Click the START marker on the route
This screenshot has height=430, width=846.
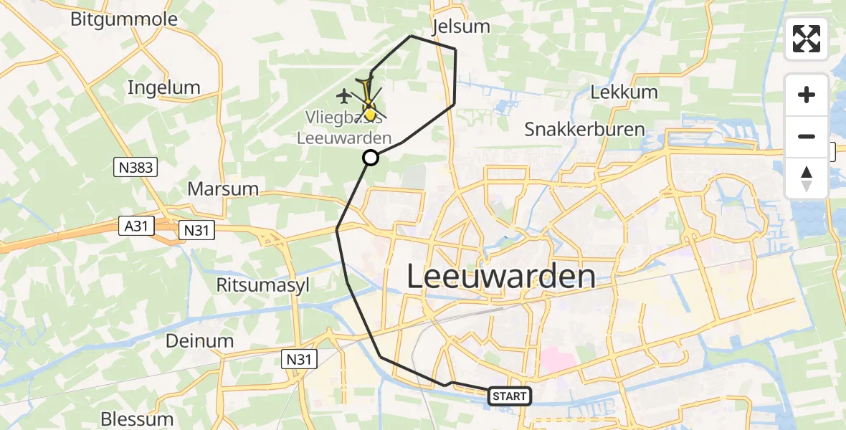click(x=509, y=396)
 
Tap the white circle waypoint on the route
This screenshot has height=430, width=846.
click(x=371, y=158)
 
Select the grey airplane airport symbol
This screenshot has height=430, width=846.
click(x=344, y=95)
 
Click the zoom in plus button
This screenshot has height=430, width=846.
click(x=807, y=95)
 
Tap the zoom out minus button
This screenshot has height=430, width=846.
click(x=807, y=136)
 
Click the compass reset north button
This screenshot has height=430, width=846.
click(x=807, y=178)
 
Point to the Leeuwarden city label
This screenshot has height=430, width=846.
click(x=501, y=277)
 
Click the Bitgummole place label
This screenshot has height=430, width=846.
click(x=124, y=19)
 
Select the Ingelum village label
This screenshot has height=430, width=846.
click(x=163, y=87)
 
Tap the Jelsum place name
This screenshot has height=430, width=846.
click(x=462, y=27)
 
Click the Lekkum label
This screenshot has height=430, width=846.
click(x=614, y=92)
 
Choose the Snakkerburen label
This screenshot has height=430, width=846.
click(x=584, y=130)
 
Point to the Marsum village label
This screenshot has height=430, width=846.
click(x=222, y=189)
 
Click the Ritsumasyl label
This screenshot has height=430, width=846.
click(x=263, y=285)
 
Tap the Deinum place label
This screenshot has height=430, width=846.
click(x=199, y=341)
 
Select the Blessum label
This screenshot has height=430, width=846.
click(x=136, y=419)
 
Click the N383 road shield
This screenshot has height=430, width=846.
click(x=136, y=168)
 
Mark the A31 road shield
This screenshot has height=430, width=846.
click(x=138, y=226)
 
